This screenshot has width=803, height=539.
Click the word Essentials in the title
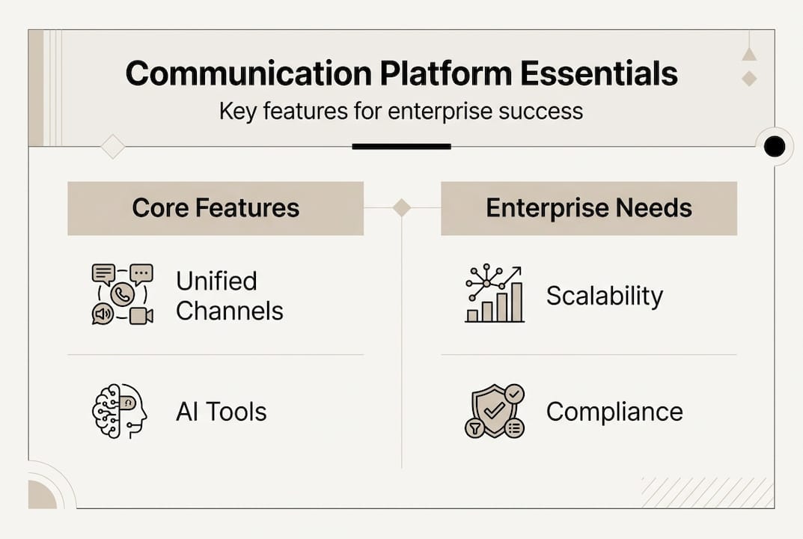click(x=599, y=73)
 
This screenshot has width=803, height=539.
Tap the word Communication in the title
click(x=249, y=73)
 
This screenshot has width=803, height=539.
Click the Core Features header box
click(x=216, y=208)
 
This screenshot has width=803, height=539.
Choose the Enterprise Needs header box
click(x=589, y=208)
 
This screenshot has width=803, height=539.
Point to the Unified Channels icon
click(x=123, y=294)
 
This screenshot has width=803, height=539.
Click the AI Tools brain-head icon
click(x=119, y=411)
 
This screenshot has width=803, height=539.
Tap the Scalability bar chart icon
click(x=494, y=293)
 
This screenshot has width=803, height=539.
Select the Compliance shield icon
click(x=495, y=411)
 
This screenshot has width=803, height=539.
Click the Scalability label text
click(x=604, y=296)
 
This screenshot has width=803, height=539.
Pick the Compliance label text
click(x=614, y=412)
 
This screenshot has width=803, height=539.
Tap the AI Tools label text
click(x=222, y=412)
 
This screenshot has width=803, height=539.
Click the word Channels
click(x=230, y=311)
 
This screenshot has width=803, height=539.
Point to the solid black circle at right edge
click(x=775, y=147)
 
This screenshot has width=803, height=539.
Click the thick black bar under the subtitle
click(x=401, y=147)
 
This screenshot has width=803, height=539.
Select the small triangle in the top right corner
click(x=749, y=54)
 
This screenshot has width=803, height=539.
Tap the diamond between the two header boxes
click(x=401, y=207)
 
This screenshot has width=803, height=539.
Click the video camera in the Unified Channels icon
click(x=141, y=316)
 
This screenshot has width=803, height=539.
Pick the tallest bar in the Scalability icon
click(x=516, y=302)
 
